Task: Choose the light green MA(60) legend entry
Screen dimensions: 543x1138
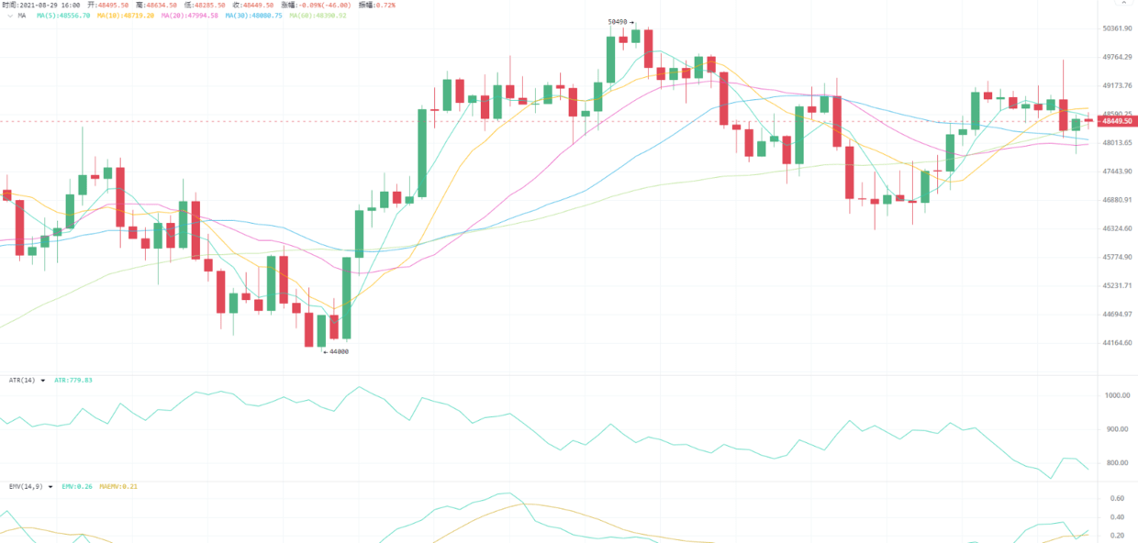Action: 318,16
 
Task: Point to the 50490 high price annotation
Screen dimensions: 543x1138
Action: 619,22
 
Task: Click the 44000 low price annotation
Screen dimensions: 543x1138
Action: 337,351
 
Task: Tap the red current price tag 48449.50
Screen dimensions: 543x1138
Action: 1117,121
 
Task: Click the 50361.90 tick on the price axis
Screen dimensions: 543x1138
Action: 1117,28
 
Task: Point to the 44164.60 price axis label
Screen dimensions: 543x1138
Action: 1117,343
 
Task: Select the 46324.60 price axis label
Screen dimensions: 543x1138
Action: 1117,228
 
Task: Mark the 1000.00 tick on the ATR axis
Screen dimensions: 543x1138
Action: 1117,395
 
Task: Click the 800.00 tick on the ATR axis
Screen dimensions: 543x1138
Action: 1117,463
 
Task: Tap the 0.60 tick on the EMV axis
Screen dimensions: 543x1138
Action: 1117,498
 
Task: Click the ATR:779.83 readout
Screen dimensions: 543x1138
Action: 73,380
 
